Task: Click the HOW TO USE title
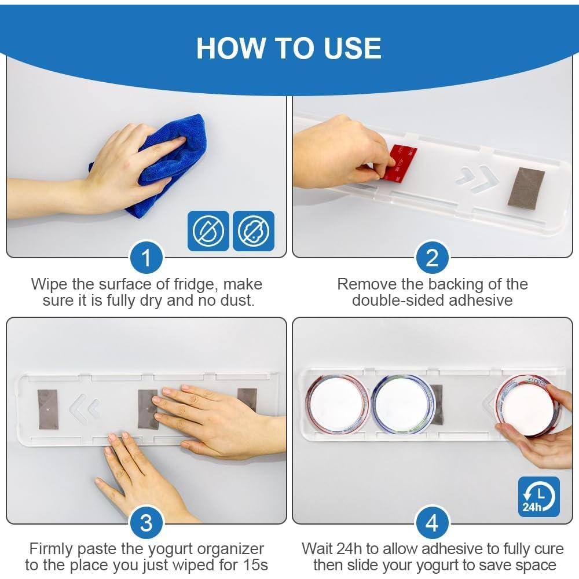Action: tap(289, 48)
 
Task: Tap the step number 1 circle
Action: tap(146, 258)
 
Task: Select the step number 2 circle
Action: tap(432, 258)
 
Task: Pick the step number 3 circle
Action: tap(146, 523)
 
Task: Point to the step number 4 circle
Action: tap(432, 523)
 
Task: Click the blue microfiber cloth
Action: tap(163, 163)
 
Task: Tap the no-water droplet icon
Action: tap(208, 231)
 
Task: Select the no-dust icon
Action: tap(254, 231)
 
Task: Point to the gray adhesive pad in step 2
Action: tap(526, 187)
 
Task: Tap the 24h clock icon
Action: tap(538, 497)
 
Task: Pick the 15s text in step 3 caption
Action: tap(255, 565)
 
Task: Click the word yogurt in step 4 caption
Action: tap(483, 566)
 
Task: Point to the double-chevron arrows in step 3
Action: tap(84, 409)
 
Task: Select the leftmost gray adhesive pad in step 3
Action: tap(48, 409)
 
